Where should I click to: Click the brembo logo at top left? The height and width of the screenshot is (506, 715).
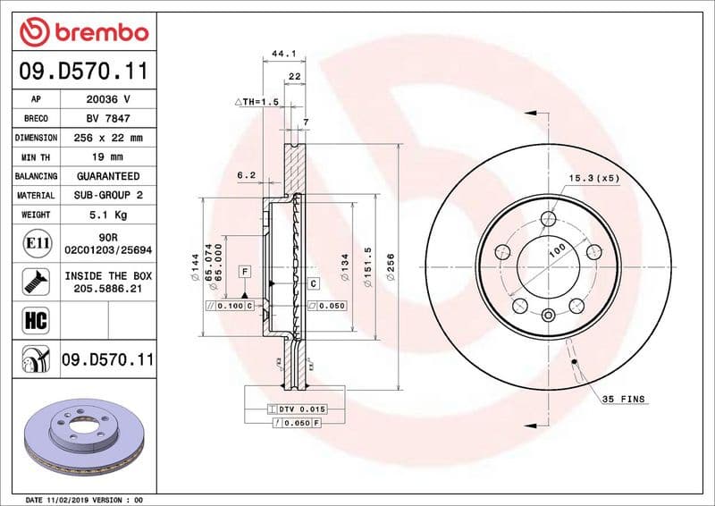83,32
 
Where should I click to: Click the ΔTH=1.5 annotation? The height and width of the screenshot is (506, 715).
257,103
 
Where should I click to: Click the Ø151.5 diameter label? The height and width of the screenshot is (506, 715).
367,267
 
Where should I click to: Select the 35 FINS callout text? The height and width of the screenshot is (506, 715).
623,399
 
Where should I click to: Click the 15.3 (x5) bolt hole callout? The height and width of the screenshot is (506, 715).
593,179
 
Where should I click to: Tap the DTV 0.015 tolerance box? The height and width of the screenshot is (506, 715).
299,408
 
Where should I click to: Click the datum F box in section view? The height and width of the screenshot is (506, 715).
243,270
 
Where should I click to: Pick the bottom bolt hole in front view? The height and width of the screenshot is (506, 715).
548,314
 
